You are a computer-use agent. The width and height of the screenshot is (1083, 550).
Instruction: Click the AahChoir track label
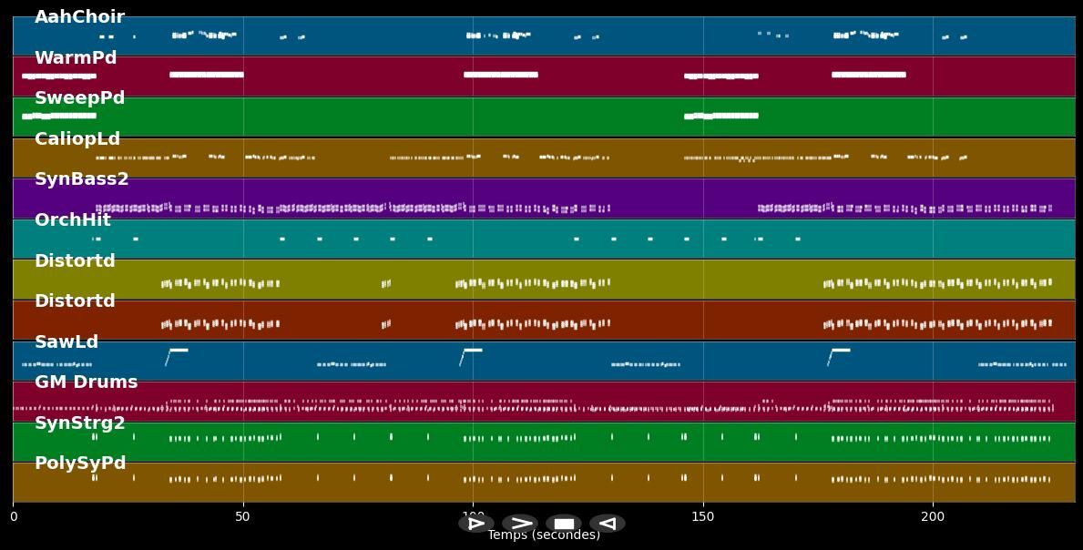[79, 17]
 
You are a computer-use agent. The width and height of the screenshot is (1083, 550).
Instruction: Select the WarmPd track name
[76, 58]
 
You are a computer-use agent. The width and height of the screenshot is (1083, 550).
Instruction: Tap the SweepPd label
[79, 98]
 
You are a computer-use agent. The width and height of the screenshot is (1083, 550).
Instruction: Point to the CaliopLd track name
[77, 139]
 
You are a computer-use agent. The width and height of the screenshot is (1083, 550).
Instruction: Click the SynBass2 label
[81, 179]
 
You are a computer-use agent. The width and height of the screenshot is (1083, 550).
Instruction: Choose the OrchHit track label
[72, 220]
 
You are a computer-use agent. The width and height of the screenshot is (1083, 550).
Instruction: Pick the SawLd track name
[66, 342]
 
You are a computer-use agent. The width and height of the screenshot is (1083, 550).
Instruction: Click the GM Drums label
[86, 382]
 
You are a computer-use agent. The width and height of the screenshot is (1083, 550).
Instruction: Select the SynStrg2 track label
[79, 423]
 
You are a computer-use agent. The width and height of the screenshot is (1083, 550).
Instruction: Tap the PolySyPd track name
[80, 463]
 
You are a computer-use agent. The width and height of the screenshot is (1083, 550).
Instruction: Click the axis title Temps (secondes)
[544, 535]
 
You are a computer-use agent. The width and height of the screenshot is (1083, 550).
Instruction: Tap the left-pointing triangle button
[607, 524]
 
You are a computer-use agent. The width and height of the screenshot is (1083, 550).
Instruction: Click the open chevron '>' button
[520, 524]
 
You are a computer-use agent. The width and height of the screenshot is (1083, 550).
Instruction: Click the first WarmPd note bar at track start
[59, 76]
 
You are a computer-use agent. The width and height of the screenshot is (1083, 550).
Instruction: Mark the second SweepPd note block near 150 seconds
[721, 116]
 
